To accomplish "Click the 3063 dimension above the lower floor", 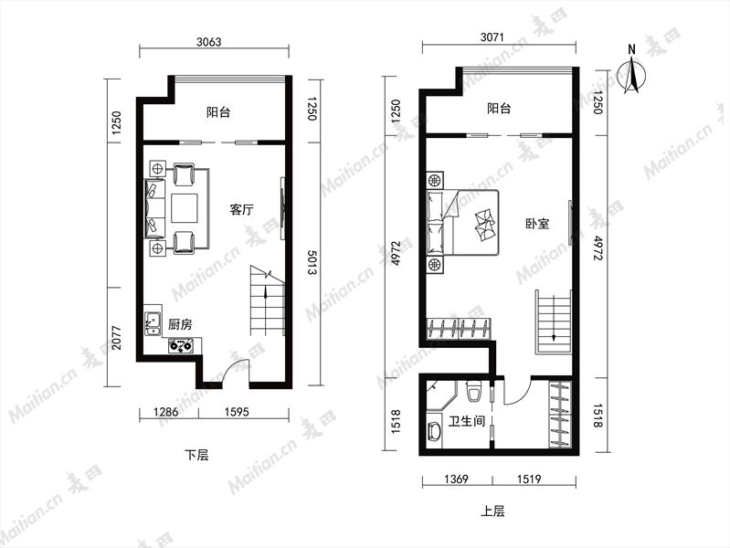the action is click(x=208, y=42).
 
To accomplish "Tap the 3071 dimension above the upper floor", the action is click(x=492, y=37).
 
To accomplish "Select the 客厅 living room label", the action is click(x=241, y=209).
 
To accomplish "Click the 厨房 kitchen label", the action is click(x=180, y=324).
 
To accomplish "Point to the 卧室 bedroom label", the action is click(x=537, y=224).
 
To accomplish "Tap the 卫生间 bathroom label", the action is click(x=467, y=421).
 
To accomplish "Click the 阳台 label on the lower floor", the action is click(x=218, y=112).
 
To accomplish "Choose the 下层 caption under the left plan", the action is click(x=197, y=455).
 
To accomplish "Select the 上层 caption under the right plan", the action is click(x=492, y=511).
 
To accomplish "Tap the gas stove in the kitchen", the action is click(x=181, y=346).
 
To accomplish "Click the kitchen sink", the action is click(x=153, y=323).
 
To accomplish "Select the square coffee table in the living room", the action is click(x=185, y=208).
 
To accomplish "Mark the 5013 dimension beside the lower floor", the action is click(x=312, y=262).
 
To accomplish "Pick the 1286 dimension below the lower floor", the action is click(x=165, y=412).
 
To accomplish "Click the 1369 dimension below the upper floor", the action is click(x=456, y=479).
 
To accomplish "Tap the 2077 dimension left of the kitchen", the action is click(x=116, y=338).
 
